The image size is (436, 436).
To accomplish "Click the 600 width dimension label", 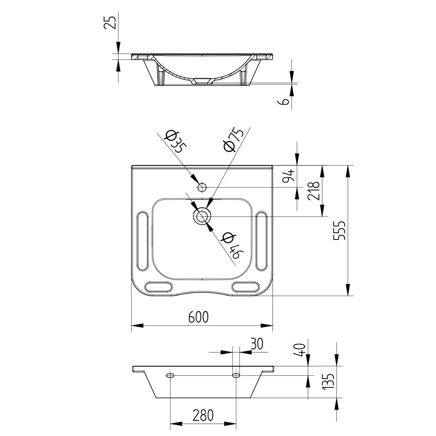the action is click(199, 317).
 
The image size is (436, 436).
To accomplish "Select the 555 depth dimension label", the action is click(339, 230).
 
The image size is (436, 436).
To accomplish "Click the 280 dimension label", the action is click(203, 415).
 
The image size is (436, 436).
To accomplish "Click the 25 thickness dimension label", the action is click(110, 22).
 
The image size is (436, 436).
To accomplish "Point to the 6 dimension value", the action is click(285, 101).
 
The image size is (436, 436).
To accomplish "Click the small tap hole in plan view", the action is click(202, 187).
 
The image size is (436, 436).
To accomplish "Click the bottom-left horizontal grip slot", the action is click(159, 287).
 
